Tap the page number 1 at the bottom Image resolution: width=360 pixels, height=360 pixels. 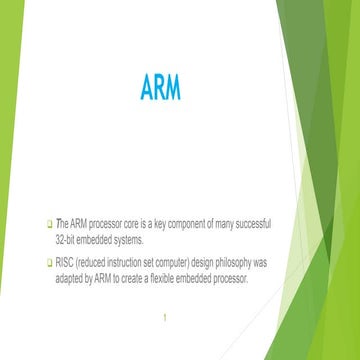(x=157, y=323)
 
